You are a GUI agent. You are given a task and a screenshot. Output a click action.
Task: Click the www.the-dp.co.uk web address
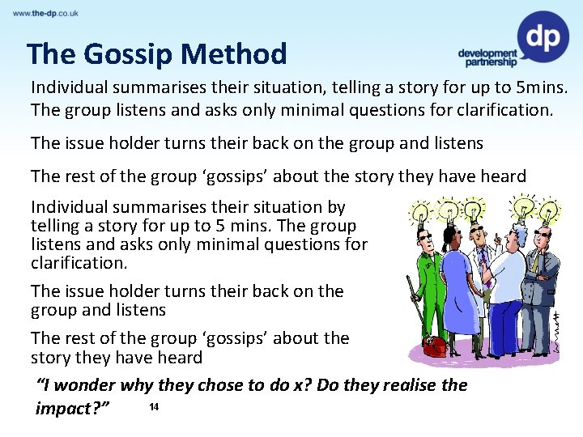45,13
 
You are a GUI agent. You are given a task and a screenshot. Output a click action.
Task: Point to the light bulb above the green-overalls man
421,212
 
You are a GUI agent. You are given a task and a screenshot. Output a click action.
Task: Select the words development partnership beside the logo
487,57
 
